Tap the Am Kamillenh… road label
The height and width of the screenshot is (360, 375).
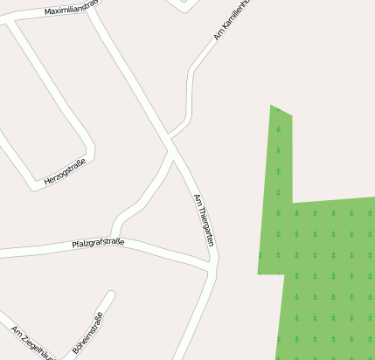233,21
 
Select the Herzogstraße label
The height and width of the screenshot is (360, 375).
65,173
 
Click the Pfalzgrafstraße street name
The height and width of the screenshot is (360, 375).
98,242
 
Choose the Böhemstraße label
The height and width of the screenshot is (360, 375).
87,333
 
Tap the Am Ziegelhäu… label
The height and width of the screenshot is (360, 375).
33,343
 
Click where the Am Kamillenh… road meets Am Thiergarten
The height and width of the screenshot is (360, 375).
169,137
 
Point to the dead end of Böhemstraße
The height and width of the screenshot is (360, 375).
111,294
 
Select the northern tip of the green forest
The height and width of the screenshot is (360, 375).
272,107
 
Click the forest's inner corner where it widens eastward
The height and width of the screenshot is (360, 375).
292,202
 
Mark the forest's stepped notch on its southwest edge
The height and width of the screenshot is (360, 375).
284,273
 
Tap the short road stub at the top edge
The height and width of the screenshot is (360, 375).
184,7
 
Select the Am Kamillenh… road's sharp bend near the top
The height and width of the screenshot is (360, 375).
191,70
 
